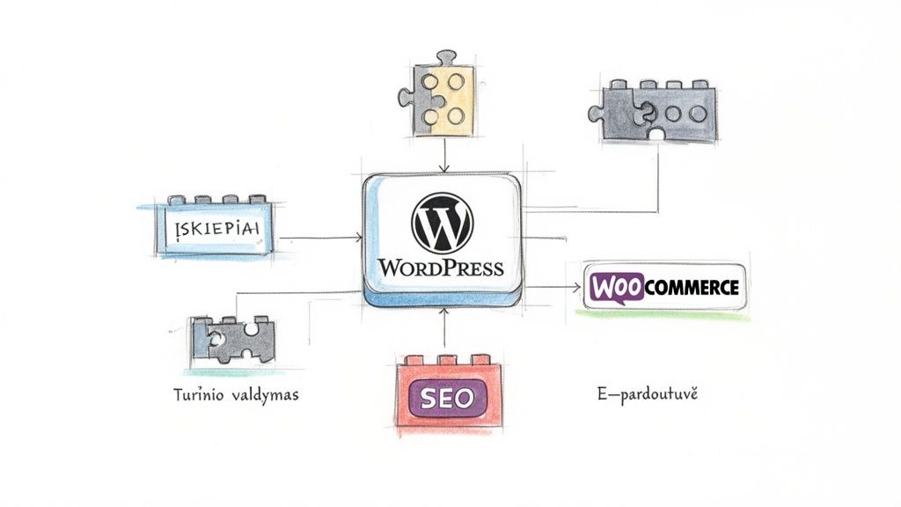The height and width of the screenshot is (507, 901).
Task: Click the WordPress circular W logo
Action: coord(442,224)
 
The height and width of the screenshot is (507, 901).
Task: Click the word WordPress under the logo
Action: coord(441,268)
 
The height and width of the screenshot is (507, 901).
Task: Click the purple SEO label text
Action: coord(447,397)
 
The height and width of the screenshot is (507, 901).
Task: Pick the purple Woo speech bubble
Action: coord(616,287)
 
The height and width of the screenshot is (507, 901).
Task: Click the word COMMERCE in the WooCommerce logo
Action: coord(692,287)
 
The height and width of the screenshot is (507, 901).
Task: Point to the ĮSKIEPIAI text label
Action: coord(212,231)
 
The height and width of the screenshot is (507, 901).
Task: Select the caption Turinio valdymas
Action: coord(235,395)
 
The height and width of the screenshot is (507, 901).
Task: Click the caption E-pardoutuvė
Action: coord(647,395)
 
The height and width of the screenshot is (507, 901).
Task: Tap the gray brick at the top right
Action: coord(652,114)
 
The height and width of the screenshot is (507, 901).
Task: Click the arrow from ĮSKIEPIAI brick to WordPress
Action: coord(323,238)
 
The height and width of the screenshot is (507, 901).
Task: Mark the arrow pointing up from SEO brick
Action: coord(445,330)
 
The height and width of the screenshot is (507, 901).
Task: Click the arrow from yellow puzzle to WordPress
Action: coord(445,156)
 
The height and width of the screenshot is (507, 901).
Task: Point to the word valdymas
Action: coord(267,395)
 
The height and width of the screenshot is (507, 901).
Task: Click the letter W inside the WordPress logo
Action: coord(442,224)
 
